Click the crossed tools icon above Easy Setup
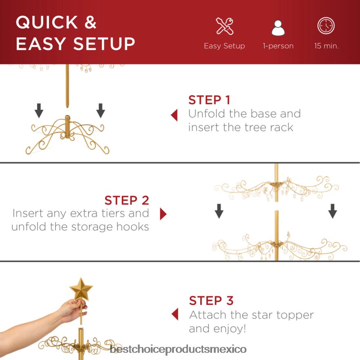pos(225,26)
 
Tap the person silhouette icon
pos(278,28)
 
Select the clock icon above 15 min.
pos(326,26)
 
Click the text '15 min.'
pos(326,46)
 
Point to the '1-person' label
pos(278,46)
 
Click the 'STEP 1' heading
pos(209,100)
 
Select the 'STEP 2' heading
pos(127,200)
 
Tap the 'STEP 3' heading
pos(211,300)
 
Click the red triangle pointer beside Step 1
pos(174,115)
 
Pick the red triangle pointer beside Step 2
pos(163,214)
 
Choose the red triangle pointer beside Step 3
pos(175,314)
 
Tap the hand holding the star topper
pos(74,310)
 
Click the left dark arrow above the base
pos(39,110)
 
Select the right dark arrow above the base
pos(101,110)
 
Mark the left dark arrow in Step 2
pos(219,211)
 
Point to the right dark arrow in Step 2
pos(332,211)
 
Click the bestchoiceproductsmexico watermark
pos(178,349)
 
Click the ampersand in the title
pos(90,22)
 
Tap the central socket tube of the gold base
pos(67,126)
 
